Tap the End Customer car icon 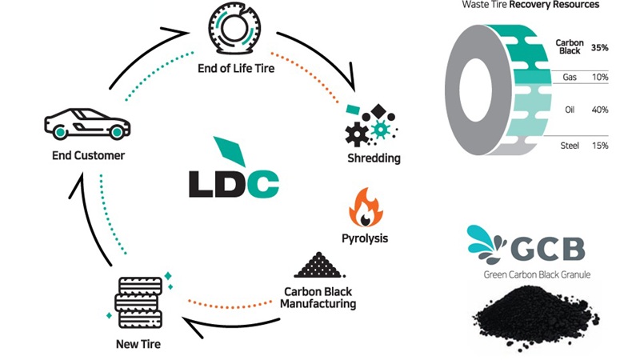click(86, 125)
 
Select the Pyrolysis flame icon click(366, 208)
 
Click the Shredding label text click(374, 158)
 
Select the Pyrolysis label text click(366, 238)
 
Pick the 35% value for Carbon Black click(599, 48)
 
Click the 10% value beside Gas click(599, 77)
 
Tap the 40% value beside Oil click(599, 110)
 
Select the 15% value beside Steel click(599, 146)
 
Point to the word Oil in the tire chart click(570, 110)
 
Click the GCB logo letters click(553, 247)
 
